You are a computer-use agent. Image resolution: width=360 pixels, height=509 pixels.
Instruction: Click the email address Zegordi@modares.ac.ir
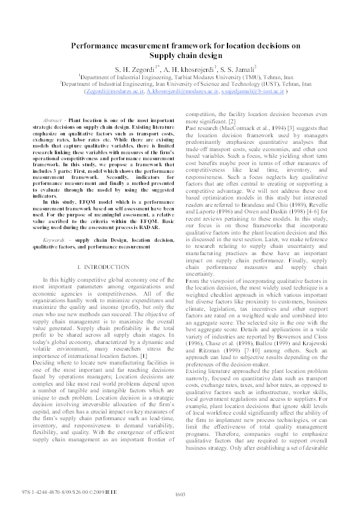pyautogui.click(x=120, y=92)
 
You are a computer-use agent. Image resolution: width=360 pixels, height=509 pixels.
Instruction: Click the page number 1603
pyautogui.click(x=180, y=494)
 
